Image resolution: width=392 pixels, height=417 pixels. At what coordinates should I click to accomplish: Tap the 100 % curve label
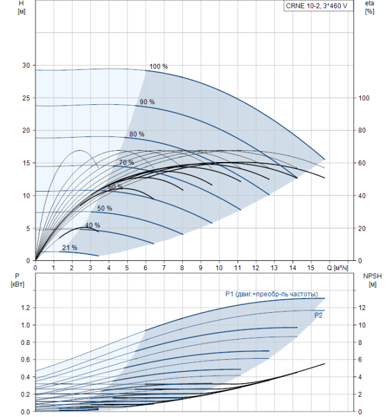(158, 66)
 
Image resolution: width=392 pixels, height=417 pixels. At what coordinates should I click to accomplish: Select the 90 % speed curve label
(147, 102)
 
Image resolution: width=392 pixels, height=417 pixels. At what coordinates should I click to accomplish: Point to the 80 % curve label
(137, 134)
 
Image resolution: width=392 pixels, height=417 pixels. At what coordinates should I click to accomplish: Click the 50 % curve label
(105, 208)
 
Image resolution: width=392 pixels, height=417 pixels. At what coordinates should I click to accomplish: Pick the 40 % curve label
(92, 226)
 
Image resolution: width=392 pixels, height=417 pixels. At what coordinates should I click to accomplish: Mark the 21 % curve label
(70, 247)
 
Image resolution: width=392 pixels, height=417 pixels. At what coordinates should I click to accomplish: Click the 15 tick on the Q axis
(311, 268)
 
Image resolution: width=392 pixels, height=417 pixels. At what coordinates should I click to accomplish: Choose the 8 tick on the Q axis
(182, 268)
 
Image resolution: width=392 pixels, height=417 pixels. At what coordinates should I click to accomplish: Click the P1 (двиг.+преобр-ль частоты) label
(271, 294)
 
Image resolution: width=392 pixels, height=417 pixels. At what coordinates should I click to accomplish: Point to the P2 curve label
(319, 315)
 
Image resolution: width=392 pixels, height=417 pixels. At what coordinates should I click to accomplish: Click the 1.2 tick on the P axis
(24, 307)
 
